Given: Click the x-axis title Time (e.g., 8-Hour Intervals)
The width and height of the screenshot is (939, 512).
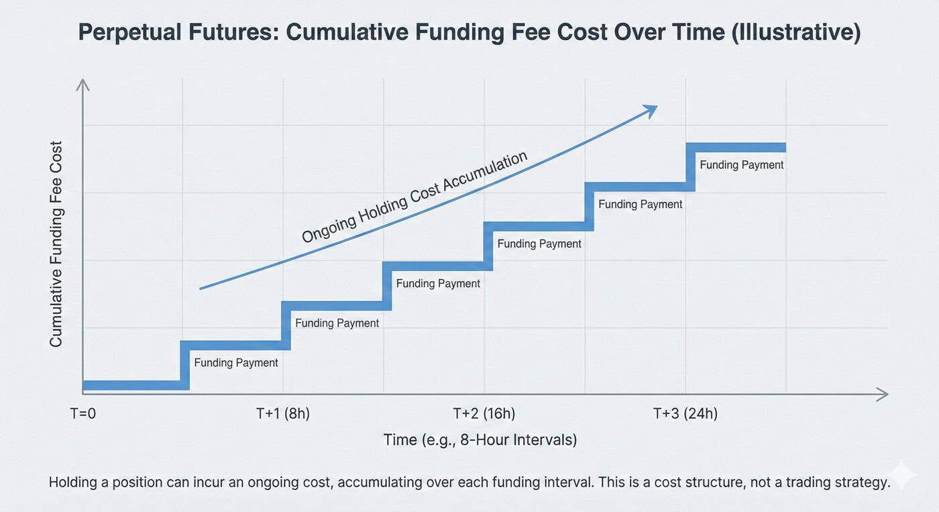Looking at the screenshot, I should tap(480, 440).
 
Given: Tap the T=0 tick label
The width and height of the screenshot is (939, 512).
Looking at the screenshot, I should tap(83, 413).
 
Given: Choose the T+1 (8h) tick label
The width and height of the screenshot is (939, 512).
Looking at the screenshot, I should tap(282, 413).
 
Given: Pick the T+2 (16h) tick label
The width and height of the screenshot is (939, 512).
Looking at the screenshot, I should tap(484, 413).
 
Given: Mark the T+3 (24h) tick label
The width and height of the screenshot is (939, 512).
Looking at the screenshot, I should tap(685, 413).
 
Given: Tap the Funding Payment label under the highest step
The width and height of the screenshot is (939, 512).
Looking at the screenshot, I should tap(741, 165).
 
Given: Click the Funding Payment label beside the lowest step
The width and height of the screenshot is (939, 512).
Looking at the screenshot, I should tap(235, 363).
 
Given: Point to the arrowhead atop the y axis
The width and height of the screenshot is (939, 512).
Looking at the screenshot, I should tap(82, 85).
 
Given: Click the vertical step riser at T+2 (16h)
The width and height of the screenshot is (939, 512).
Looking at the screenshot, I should tap(488, 246).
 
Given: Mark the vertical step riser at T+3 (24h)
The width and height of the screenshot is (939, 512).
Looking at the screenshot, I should tap(690, 167).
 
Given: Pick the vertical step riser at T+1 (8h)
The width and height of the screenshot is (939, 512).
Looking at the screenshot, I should tap(286, 325).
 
